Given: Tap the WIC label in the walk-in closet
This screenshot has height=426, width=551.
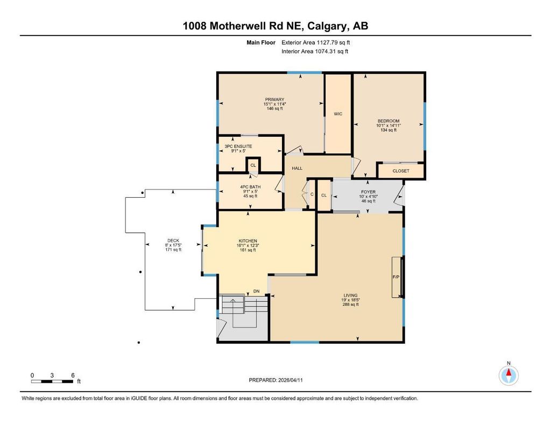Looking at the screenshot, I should pyautogui.click(x=338, y=114).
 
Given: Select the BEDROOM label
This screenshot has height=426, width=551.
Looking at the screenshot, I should pyautogui.click(x=388, y=121).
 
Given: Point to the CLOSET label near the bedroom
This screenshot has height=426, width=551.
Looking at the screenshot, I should pyautogui.click(x=401, y=171).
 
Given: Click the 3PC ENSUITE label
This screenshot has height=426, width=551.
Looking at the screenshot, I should pyautogui.click(x=238, y=146).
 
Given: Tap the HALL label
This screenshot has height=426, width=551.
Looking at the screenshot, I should pyautogui.click(x=297, y=169).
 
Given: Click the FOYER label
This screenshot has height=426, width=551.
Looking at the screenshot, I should pyautogui.click(x=368, y=191).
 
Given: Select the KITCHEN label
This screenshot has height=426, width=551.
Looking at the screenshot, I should pyautogui.click(x=248, y=241).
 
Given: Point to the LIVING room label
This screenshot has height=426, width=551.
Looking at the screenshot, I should pyautogui.click(x=351, y=295).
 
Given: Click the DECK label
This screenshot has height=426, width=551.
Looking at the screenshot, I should pyautogui.click(x=173, y=241).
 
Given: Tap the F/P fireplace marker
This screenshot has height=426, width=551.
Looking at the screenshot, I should pyautogui.click(x=396, y=277).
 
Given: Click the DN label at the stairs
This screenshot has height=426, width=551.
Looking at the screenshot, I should pyautogui.click(x=257, y=292).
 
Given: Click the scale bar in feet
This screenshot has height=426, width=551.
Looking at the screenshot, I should pyautogui.click(x=52, y=381).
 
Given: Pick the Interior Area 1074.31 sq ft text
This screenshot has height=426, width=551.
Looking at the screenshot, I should pyautogui.click(x=315, y=52).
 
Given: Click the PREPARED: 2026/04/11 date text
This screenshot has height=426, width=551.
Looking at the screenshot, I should pyautogui.click(x=279, y=380).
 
